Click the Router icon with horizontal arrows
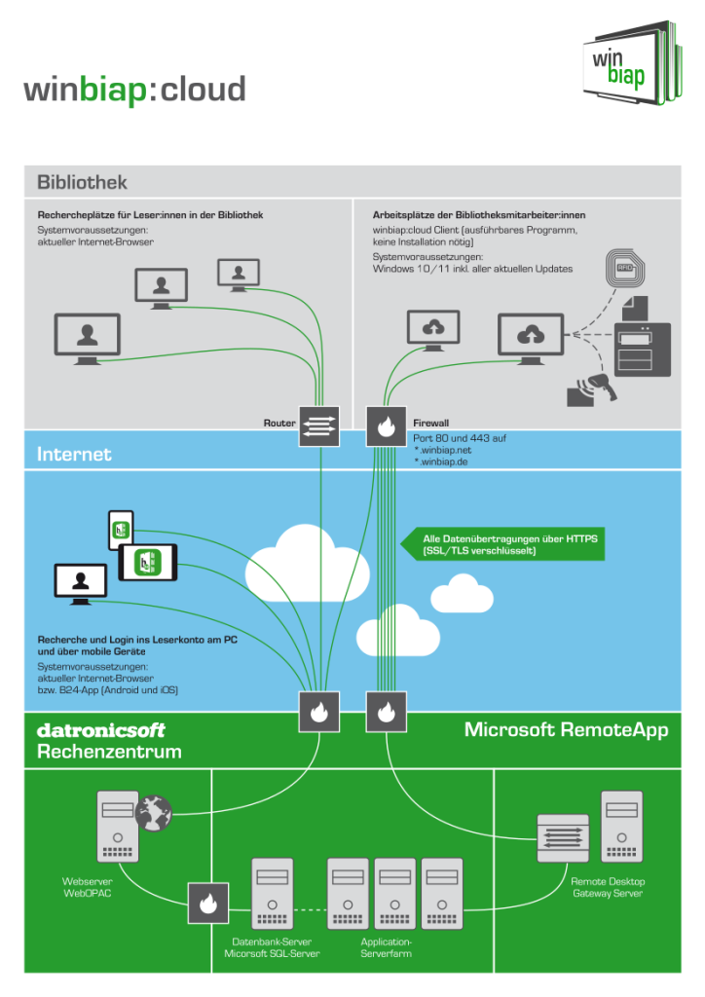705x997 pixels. pyautogui.click(x=318, y=425)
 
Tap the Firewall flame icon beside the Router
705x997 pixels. pyautogui.click(x=386, y=425)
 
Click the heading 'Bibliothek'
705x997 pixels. pyautogui.click(x=82, y=182)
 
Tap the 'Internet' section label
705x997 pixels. pyautogui.click(x=74, y=454)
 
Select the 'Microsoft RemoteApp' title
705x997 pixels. pyautogui.click(x=566, y=730)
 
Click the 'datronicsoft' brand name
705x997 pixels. pyautogui.click(x=100, y=730)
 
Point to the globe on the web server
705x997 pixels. pyautogui.click(x=154, y=811)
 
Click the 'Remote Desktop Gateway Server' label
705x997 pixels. pyautogui.click(x=607, y=887)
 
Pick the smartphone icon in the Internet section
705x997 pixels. pyautogui.click(x=120, y=530)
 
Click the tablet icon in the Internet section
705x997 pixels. pyautogui.click(x=148, y=562)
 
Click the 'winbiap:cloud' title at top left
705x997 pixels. pyautogui.click(x=134, y=90)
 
